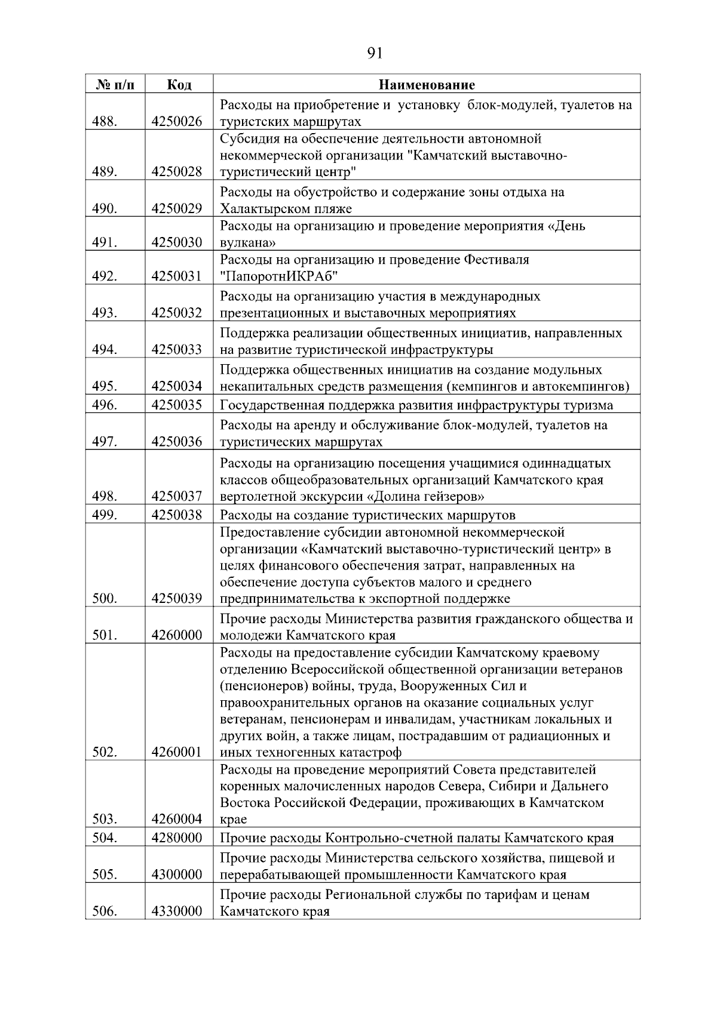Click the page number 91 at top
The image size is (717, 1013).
(374, 54)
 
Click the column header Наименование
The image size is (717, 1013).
(427, 85)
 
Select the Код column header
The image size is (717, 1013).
(179, 85)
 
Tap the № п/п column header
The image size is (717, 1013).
(115, 85)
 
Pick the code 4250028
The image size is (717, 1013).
(177, 172)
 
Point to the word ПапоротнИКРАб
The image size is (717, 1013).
(279, 276)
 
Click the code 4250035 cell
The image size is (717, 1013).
(177, 405)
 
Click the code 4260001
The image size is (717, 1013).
(177, 752)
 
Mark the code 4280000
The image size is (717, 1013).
(177, 838)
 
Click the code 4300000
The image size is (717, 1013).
(177, 875)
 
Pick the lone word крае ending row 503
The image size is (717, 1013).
(233, 819)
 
